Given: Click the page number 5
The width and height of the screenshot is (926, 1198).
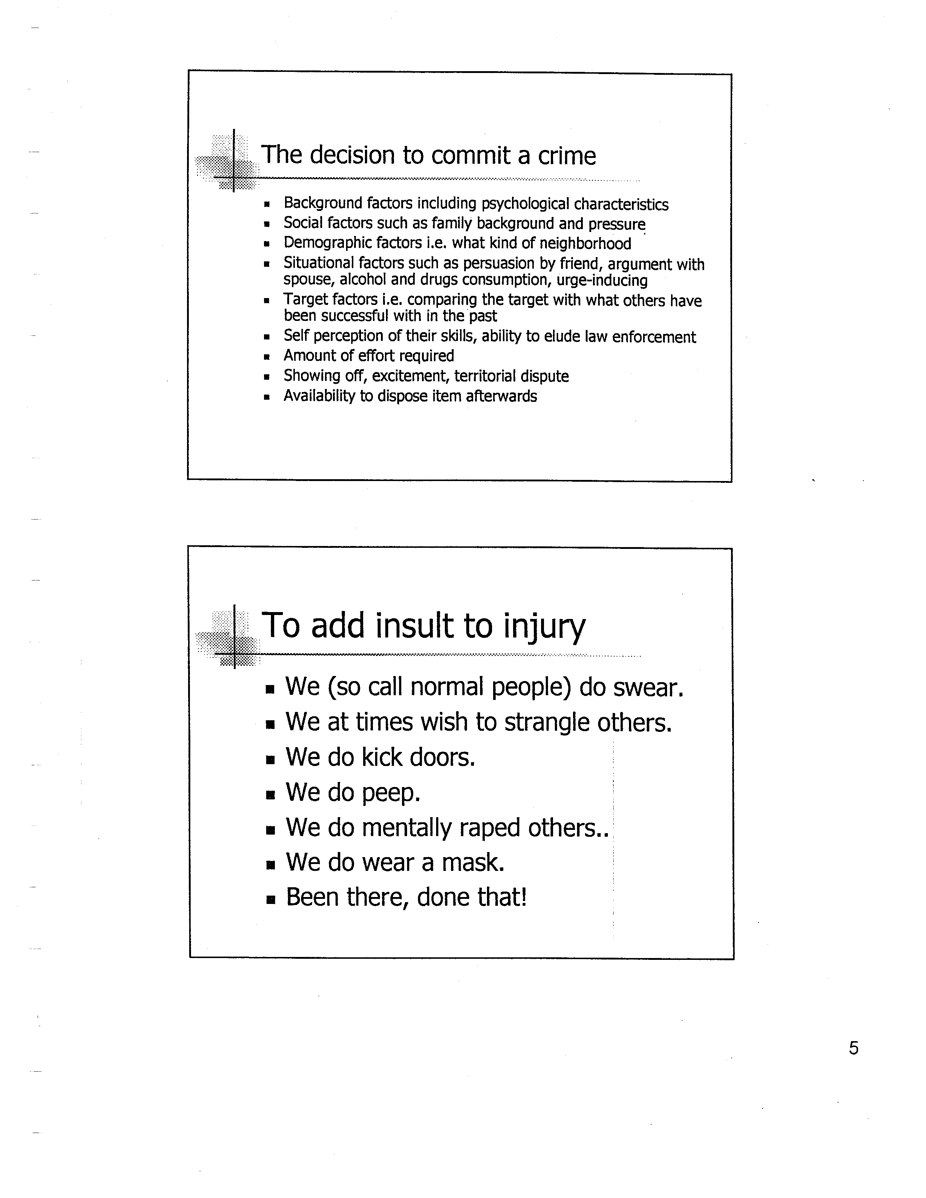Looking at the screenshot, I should click(x=854, y=1048).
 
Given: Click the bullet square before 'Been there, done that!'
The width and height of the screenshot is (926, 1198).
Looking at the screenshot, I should click(x=269, y=900).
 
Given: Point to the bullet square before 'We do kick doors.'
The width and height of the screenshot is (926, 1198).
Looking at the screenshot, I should click(x=269, y=760).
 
